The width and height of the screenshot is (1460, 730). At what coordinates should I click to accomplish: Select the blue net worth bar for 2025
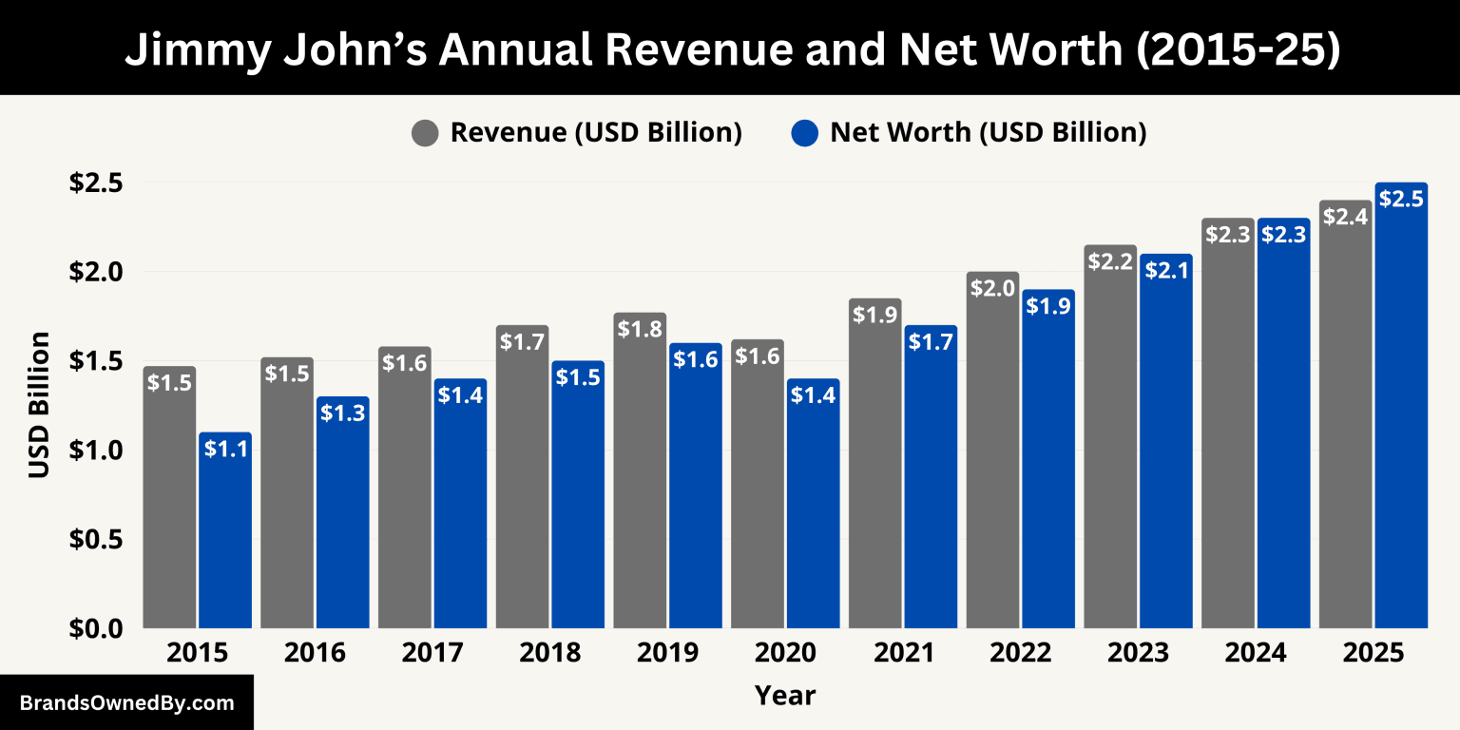tap(1401, 418)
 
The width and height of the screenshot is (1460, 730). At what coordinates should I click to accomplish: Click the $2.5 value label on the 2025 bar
tap(1401, 199)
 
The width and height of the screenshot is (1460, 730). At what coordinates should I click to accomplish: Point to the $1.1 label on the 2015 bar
tap(225, 449)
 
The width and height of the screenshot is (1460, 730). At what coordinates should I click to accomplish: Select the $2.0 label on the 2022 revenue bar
tap(992, 288)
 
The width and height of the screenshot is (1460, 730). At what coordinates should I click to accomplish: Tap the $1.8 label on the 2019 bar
tap(640, 329)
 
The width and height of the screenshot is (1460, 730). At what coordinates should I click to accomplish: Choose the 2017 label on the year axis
tap(432, 654)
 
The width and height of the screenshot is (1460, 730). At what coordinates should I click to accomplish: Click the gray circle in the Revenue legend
tap(425, 133)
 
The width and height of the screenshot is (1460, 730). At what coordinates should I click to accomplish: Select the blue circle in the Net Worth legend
tap(804, 133)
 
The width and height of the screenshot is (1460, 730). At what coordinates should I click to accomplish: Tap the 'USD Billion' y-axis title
tap(39, 404)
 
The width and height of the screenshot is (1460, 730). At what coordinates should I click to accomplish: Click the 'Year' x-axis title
tap(785, 695)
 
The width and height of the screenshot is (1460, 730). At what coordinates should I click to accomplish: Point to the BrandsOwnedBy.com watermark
tap(126, 703)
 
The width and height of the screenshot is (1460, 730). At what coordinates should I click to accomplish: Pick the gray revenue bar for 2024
tap(1228, 437)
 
